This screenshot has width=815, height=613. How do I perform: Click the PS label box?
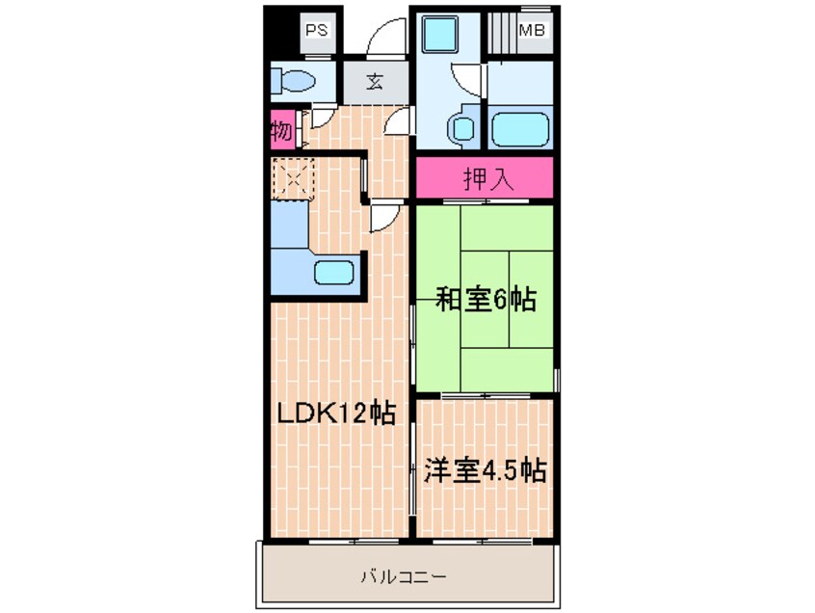pyautogui.click(x=317, y=30)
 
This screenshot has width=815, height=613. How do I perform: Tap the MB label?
pyautogui.click(x=533, y=30)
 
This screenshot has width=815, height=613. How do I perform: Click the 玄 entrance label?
pyautogui.click(x=374, y=81)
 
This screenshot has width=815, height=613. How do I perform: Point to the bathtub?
pyautogui.click(x=519, y=128)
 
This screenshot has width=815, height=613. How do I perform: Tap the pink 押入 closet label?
pyautogui.click(x=485, y=178)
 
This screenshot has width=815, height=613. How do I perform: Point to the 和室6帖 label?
pyautogui.click(x=486, y=300)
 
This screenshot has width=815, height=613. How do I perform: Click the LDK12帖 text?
pyautogui.click(x=336, y=414)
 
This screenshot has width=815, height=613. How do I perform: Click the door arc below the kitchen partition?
pyautogui.click(x=381, y=218)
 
